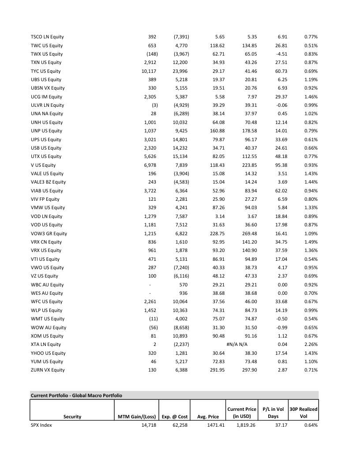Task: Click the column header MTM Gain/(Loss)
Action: pos(135,417)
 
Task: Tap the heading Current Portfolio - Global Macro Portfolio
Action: pos(76,395)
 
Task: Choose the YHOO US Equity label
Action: pos(48,353)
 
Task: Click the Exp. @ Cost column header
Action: pos(174,417)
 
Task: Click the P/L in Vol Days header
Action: pos(273,413)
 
